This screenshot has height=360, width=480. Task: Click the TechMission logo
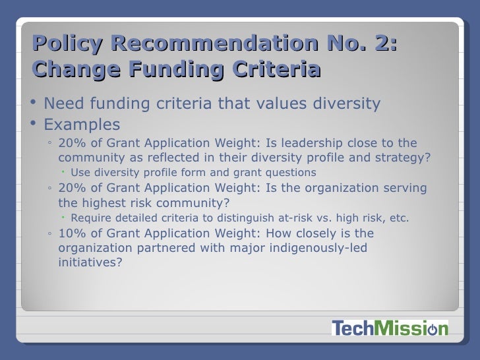point(388,328)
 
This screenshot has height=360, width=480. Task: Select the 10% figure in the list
point(71,233)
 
